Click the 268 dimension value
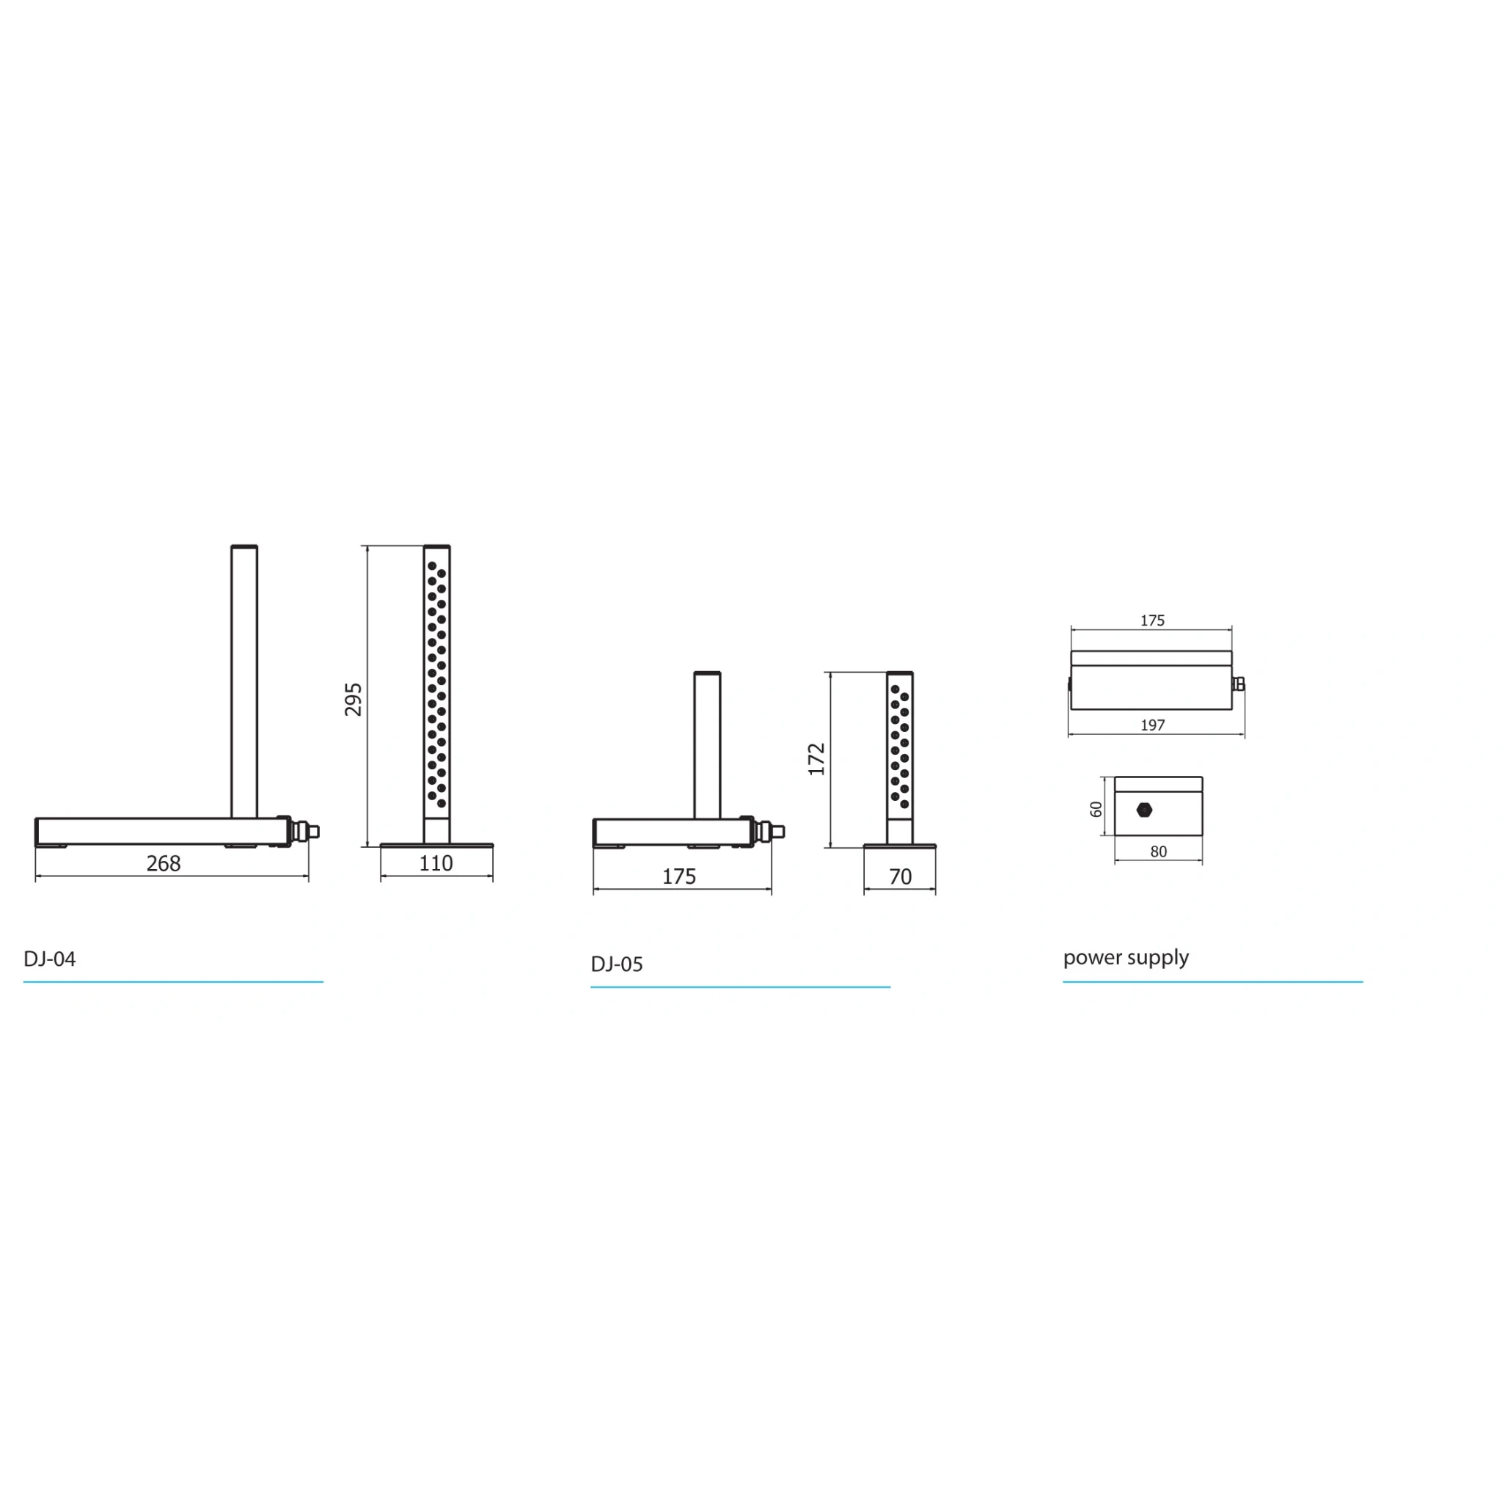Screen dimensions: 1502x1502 coord(164,864)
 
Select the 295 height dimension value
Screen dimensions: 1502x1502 coord(353,699)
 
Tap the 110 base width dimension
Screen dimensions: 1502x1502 coord(436,864)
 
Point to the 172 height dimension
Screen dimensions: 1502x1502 coord(816,760)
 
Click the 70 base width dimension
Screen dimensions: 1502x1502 coord(901,877)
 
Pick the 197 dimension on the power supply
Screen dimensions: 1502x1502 coord(1153,725)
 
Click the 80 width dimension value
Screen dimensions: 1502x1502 coord(1158,852)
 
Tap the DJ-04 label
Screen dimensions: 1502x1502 coord(50,959)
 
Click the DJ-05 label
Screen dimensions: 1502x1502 coord(617,964)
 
